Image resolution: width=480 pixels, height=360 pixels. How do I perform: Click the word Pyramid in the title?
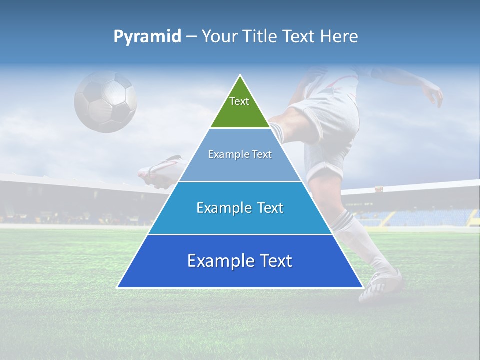coord(147,37)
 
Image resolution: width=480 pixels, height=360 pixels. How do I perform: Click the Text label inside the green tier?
coord(239,101)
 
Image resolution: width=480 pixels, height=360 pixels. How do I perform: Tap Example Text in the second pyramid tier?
coord(240,154)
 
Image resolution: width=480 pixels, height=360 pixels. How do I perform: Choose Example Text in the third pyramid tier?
coord(240,208)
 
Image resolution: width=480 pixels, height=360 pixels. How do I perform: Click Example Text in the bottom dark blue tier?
coord(240,261)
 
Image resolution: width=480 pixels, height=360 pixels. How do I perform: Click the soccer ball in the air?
coord(105,101)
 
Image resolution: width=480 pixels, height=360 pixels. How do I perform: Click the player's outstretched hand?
coord(434,95)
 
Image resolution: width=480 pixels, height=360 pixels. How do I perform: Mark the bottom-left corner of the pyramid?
coord(118,287)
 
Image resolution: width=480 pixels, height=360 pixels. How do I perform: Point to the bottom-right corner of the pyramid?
coord(362,287)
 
